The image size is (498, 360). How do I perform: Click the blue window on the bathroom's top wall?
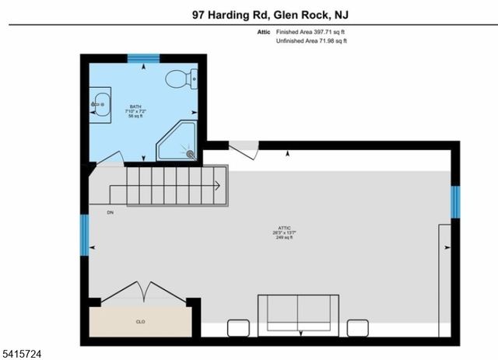[143, 58]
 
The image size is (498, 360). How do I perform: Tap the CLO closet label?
[141, 320]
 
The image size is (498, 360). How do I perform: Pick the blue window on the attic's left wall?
[85, 234]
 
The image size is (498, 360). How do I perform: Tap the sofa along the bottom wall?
[297, 314]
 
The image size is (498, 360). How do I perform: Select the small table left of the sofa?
[238, 327]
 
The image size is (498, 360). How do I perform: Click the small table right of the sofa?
[358, 327]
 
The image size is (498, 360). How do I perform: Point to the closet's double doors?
[141, 292]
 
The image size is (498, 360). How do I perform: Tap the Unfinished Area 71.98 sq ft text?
[311, 40]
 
